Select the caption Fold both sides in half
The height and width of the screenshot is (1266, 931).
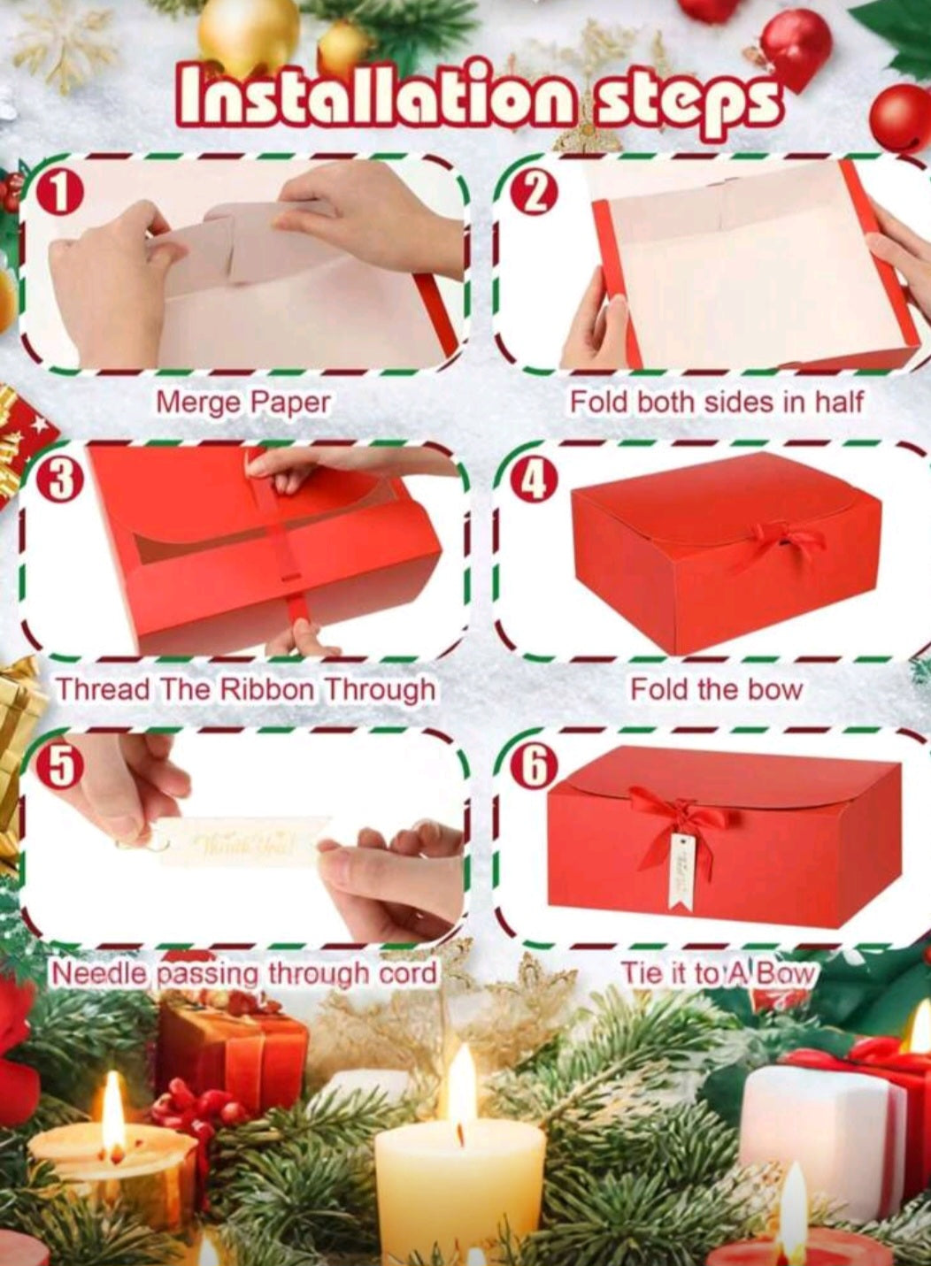(717, 403)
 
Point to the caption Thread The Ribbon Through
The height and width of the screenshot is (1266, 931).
(246, 690)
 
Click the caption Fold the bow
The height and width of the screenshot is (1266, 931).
(716, 689)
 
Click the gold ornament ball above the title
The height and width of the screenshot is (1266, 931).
(249, 34)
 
